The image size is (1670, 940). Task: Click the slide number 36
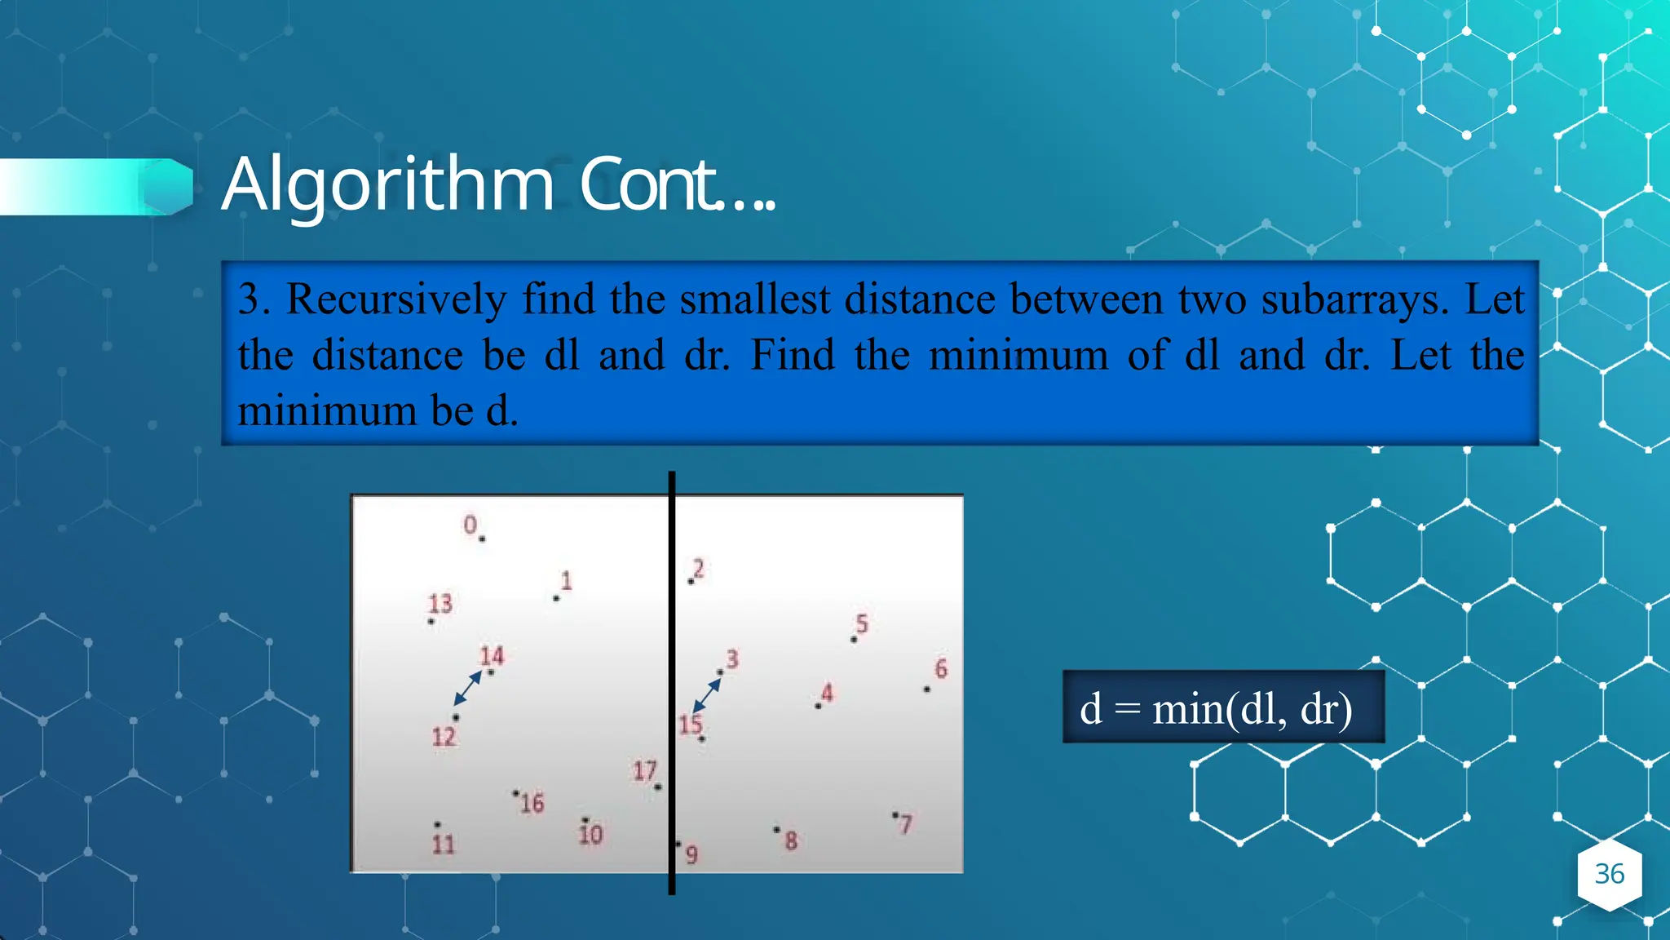tap(1609, 874)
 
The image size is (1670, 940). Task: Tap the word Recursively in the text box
tap(395, 299)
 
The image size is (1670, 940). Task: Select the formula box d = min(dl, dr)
tap(1222, 707)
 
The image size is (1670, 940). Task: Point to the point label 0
tap(470, 525)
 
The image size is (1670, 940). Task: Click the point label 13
tap(440, 604)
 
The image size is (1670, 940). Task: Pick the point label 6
tap(941, 669)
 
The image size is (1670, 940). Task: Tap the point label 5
tap(862, 624)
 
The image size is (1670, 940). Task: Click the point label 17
tap(644, 770)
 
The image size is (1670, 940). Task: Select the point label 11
tap(443, 844)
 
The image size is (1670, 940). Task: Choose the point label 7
tap(905, 825)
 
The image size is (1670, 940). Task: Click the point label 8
tap(790, 841)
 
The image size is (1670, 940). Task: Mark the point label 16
tap(532, 804)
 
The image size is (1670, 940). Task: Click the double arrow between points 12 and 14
tap(468, 688)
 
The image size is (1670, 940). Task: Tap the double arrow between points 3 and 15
tap(706, 696)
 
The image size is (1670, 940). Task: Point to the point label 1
tap(566, 581)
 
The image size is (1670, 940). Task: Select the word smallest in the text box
tap(755, 299)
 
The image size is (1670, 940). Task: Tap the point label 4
tap(827, 694)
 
